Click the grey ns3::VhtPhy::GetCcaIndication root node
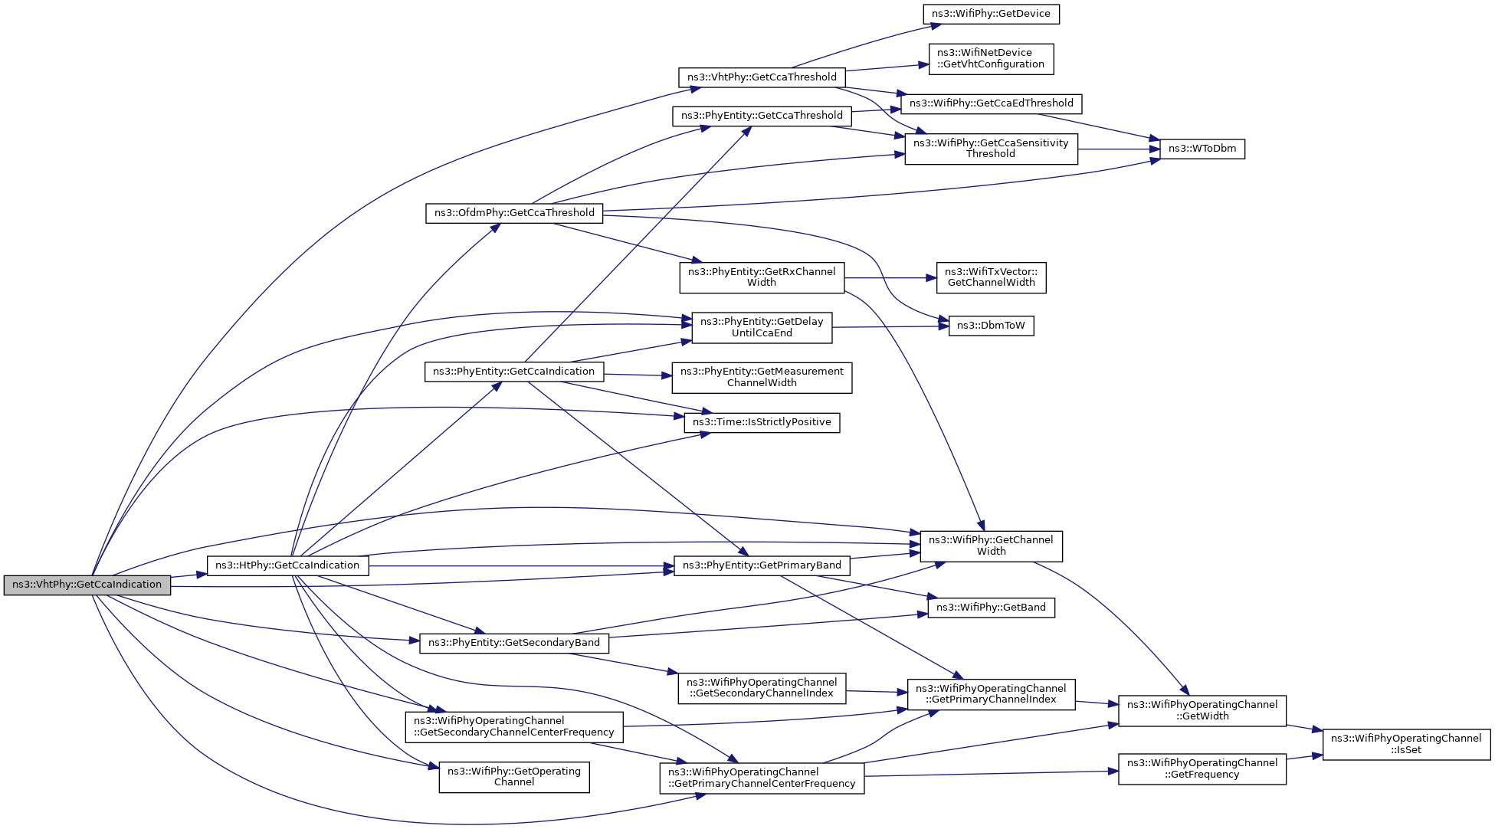[87, 585]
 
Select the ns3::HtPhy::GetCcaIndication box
[287, 565]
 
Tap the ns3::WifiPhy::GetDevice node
[991, 14]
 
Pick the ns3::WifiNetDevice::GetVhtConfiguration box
[991, 59]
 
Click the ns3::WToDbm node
[1202, 149]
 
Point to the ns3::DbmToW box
[991, 326]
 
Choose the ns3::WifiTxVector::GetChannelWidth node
[991, 277]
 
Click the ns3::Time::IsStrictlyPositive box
[762, 422]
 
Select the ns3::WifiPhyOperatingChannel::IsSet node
[1406, 744]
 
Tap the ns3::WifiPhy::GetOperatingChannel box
[513, 777]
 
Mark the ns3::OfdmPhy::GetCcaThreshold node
[514, 213]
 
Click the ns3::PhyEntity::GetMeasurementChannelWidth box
[762, 377]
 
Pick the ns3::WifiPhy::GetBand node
[991, 608]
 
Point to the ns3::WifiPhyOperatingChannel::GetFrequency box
[1202, 768]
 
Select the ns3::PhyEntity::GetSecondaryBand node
[513, 643]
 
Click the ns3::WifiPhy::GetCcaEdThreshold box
[991, 103]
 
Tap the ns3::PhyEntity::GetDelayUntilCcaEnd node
[762, 327]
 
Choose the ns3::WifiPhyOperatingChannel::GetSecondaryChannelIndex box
[762, 688]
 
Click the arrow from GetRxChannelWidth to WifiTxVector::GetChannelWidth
[889, 278]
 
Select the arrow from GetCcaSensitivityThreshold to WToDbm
[1119, 149]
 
